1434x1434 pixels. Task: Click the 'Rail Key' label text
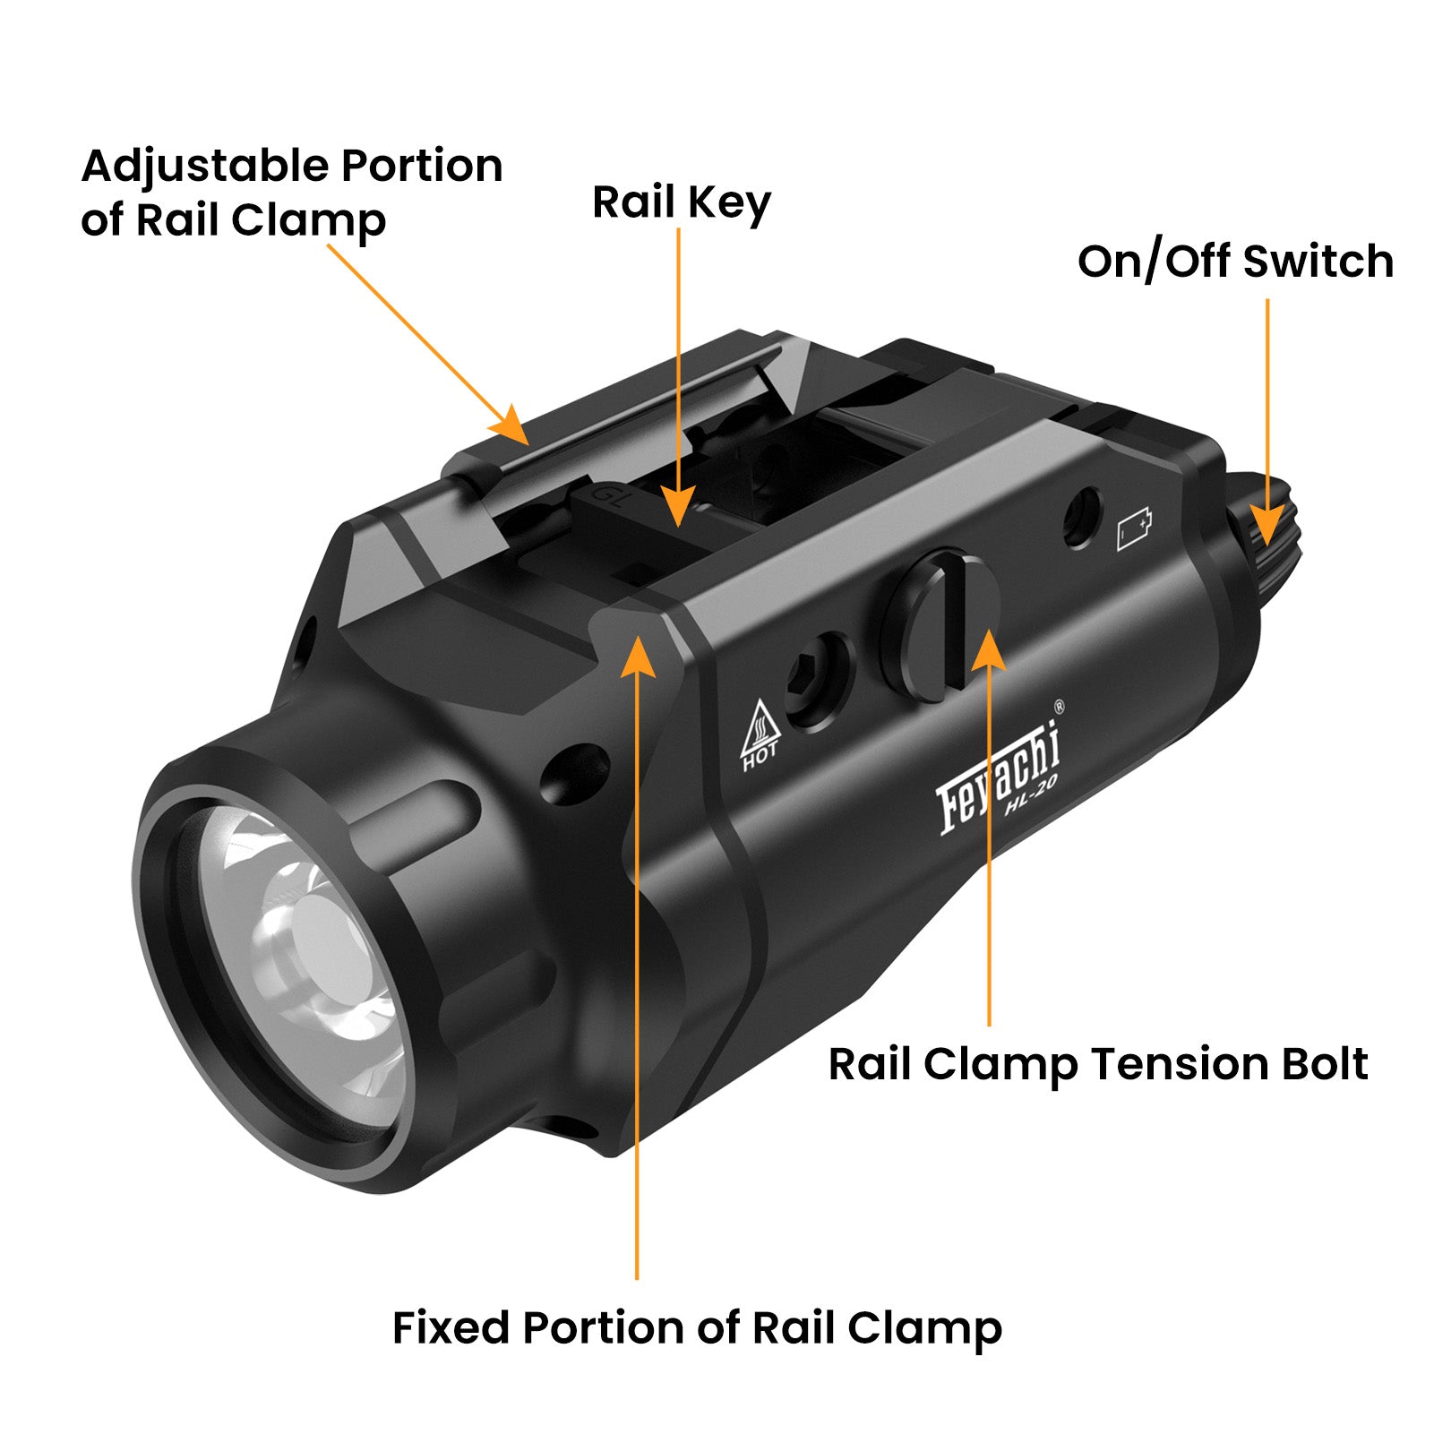click(x=681, y=202)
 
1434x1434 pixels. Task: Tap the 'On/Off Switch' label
click(x=1235, y=262)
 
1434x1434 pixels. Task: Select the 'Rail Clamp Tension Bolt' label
click(x=1097, y=1064)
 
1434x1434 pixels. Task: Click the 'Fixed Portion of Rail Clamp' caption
click(x=697, y=1327)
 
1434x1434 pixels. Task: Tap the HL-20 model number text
click(x=1030, y=795)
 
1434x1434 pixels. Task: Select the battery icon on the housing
click(x=1134, y=529)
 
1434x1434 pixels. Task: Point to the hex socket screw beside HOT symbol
click(x=817, y=681)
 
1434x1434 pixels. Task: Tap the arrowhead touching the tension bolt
click(x=988, y=649)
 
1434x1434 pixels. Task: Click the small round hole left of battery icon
click(x=1082, y=517)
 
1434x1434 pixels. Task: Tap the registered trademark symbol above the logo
click(x=1060, y=706)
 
